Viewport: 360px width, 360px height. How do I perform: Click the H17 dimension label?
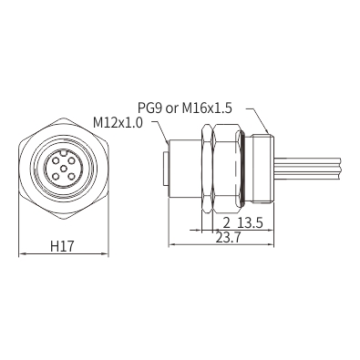tap(63, 246)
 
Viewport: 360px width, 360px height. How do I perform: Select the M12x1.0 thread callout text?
tap(118, 123)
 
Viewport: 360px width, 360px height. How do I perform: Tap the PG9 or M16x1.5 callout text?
tap(185, 108)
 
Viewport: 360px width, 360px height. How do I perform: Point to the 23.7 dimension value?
tap(228, 238)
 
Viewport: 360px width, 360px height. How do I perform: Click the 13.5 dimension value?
tap(250, 223)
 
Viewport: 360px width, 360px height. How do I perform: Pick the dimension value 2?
tap(227, 223)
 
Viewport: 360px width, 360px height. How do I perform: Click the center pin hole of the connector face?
tap(64, 168)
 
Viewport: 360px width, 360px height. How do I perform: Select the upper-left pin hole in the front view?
tap(56, 159)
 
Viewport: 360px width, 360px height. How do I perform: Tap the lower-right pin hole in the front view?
tap(71, 176)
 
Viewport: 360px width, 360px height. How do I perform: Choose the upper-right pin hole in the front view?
tap(71, 159)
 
